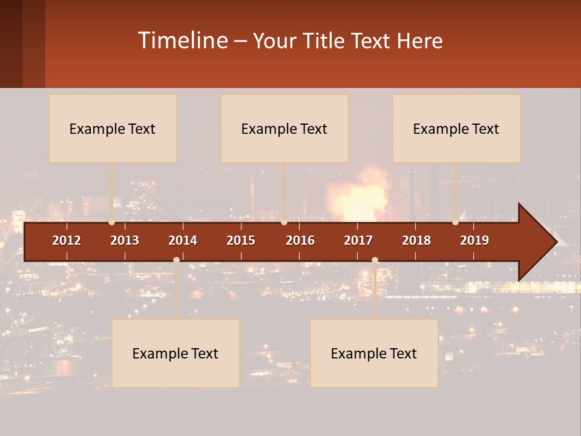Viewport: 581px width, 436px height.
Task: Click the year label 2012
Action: (x=67, y=240)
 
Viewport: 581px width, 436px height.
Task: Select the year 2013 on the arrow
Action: (x=125, y=240)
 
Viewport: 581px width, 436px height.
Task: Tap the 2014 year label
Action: (x=183, y=240)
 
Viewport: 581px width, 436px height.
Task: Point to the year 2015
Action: (x=241, y=240)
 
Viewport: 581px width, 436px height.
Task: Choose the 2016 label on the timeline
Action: (x=300, y=240)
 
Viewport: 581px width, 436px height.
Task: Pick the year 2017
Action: (x=358, y=240)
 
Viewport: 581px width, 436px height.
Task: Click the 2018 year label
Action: (x=416, y=240)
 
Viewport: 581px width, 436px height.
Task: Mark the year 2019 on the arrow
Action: (x=474, y=240)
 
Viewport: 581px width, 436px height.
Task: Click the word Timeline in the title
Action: (x=182, y=41)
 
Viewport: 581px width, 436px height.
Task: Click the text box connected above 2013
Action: (x=113, y=128)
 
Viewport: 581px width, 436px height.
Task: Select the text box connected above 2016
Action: (x=284, y=128)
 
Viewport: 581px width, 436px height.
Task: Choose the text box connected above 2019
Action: (x=456, y=128)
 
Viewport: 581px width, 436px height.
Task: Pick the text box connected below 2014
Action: (x=176, y=353)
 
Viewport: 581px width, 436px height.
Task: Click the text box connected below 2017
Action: (x=374, y=353)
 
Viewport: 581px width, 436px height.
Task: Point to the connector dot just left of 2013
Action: (x=112, y=222)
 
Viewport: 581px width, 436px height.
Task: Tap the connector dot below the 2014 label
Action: (x=176, y=260)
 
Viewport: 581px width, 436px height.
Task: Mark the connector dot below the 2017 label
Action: (x=375, y=260)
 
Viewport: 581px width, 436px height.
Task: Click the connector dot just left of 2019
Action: (x=456, y=222)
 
